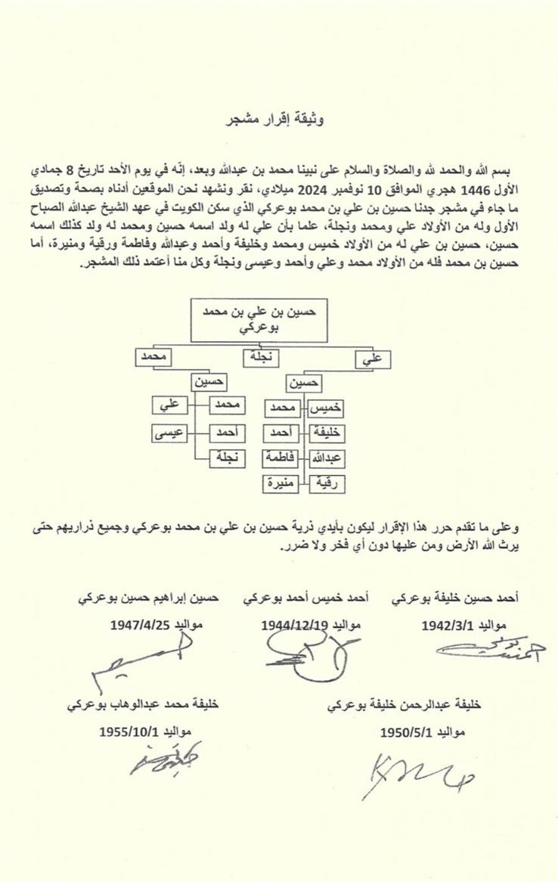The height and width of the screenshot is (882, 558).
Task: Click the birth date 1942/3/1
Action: [x=449, y=626]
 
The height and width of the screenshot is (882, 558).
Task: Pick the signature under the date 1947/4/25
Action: [x=144, y=659]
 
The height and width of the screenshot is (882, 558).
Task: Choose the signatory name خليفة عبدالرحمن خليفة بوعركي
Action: [x=405, y=703]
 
